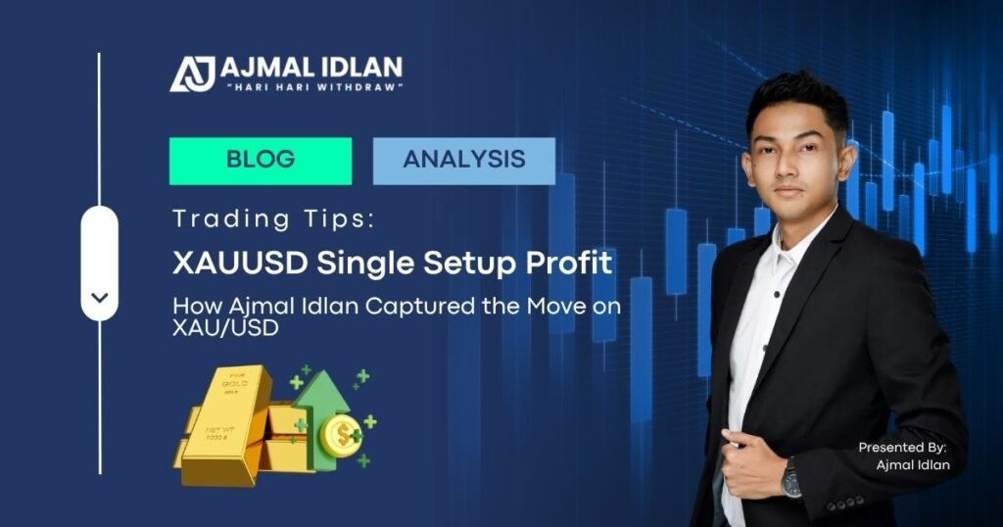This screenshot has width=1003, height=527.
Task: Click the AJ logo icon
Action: tap(192, 72)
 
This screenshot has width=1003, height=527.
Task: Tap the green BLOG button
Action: tap(260, 160)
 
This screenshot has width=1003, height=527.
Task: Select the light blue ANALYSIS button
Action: tap(463, 160)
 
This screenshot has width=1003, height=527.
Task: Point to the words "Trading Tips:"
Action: tap(273, 218)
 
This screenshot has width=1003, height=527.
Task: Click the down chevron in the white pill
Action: tap(100, 297)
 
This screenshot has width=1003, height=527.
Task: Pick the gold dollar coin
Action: tap(340, 435)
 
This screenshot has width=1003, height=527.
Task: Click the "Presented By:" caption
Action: tap(903, 447)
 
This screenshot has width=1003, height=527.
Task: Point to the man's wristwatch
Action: tap(790, 478)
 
